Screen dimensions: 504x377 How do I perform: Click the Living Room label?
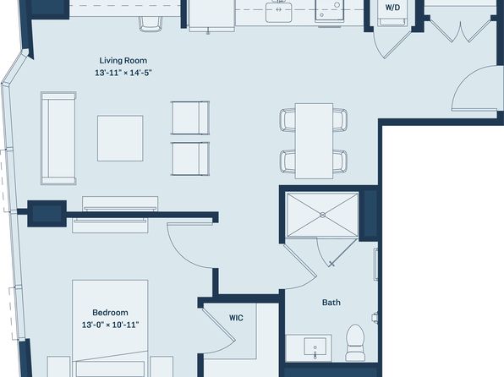click(123, 60)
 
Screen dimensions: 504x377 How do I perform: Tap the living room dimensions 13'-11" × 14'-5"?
click(123, 73)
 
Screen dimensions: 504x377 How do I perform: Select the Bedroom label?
click(110, 313)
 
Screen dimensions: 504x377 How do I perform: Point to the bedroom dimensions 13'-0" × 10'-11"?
click(110, 325)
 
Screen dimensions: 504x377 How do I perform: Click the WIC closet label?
click(236, 318)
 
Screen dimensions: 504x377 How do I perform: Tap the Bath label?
click(331, 303)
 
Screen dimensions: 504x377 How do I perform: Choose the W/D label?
click(392, 8)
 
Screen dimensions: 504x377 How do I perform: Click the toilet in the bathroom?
click(355, 342)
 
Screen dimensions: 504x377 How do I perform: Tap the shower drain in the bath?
click(323, 215)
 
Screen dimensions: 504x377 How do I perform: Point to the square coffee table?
click(120, 138)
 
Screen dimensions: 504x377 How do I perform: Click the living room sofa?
click(58, 138)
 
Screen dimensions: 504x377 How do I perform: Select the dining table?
click(314, 141)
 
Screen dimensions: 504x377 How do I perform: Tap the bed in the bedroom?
click(110, 328)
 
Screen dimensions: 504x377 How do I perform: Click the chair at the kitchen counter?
click(151, 25)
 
